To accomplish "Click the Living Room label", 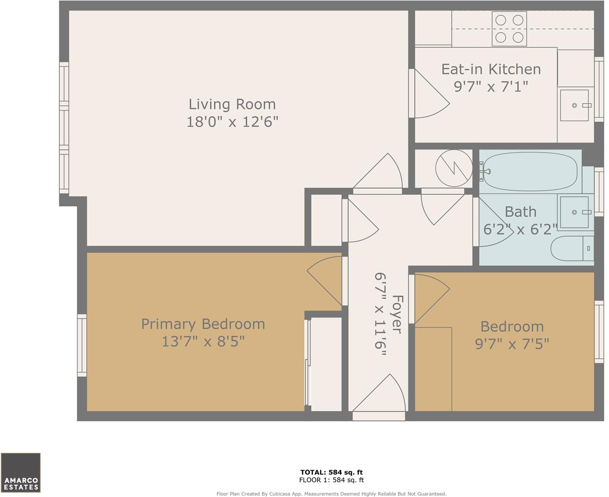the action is point(232,104).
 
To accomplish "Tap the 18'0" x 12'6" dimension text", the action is point(232,122).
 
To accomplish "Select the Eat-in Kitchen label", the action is point(491,69).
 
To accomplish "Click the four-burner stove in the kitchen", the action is point(509,28).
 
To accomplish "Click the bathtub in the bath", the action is point(530,172).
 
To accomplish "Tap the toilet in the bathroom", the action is point(572,248).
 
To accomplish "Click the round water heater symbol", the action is point(454,168).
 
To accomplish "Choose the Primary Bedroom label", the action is point(203,324).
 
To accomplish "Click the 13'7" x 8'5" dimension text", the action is point(203,341).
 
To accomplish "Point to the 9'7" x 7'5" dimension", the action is point(512,344).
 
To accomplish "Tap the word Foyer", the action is point(396,314).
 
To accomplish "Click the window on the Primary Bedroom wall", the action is point(82,345).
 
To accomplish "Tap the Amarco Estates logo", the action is point(21,472).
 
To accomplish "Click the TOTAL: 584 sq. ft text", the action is point(331,472).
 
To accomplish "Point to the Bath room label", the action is point(520,212).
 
